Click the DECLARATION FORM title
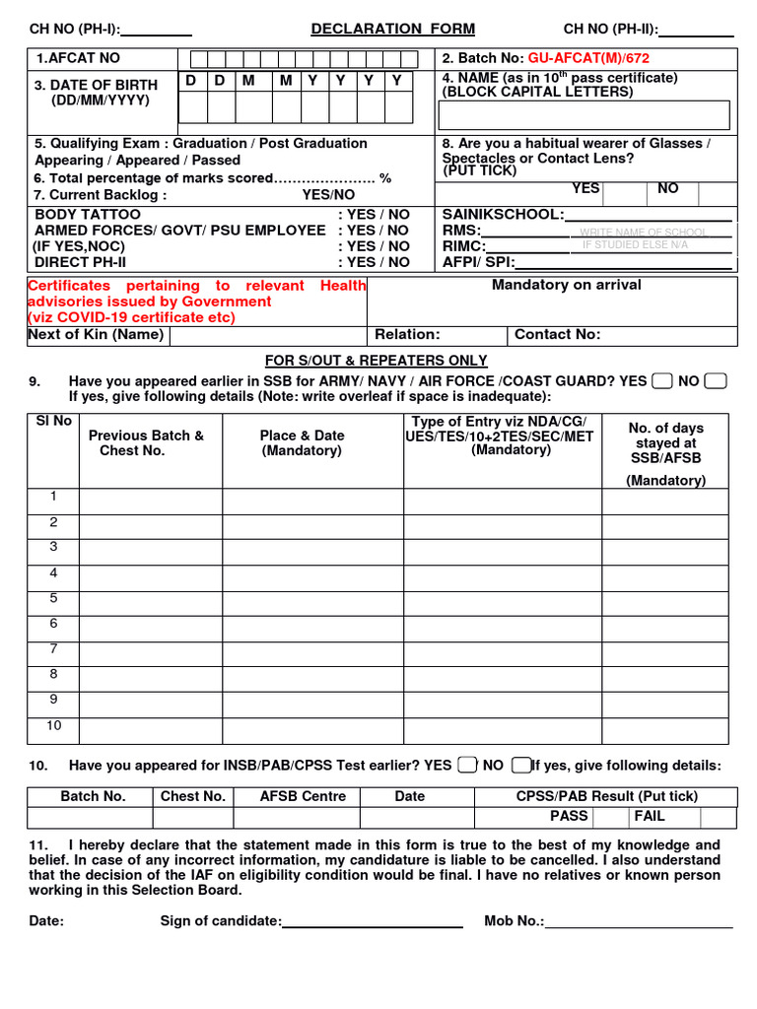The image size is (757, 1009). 392,30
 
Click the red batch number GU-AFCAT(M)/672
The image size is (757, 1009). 588,59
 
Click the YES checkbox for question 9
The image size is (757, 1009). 662,381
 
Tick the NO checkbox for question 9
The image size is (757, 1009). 717,381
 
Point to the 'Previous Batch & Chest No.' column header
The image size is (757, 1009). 146,442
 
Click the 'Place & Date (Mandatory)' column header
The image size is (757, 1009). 302,442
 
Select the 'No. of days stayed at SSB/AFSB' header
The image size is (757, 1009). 666,442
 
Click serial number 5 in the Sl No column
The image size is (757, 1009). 54,598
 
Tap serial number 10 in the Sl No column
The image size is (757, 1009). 54,725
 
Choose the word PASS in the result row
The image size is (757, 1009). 569,816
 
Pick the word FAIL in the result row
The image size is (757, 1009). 650,816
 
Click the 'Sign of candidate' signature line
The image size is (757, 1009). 373,921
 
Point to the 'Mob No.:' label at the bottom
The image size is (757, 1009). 514,921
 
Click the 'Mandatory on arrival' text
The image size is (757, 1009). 566,285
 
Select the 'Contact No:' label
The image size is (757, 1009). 557,335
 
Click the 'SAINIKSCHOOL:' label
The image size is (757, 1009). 503,214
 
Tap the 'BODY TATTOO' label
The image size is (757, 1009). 88,214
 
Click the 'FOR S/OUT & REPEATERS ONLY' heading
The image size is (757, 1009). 377,361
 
